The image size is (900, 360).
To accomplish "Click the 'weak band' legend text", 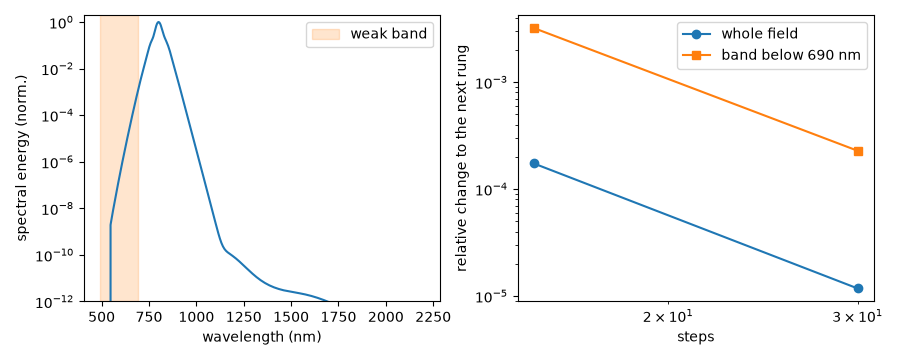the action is tap(389, 34).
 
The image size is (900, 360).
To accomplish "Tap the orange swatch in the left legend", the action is tap(325, 34).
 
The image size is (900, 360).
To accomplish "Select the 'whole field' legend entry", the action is tap(759, 34).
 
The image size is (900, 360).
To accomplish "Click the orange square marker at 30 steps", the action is tap(858, 152).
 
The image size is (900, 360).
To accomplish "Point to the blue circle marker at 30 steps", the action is tap(858, 288).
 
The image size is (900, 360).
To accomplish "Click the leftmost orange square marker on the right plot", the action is tap(534, 28).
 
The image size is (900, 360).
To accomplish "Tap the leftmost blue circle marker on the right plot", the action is tap(534, 164).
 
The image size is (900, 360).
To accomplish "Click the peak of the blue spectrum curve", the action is tap(158, 22).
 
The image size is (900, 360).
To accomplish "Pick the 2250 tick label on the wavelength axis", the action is tap(424, 317).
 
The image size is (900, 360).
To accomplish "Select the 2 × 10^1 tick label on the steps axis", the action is tap(668, 316).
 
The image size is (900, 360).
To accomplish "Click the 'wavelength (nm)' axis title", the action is tap(261, 337).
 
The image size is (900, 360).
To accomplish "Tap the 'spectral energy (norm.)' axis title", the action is tap(22, 158).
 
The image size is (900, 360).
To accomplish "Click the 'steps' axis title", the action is tap(696, 337).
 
